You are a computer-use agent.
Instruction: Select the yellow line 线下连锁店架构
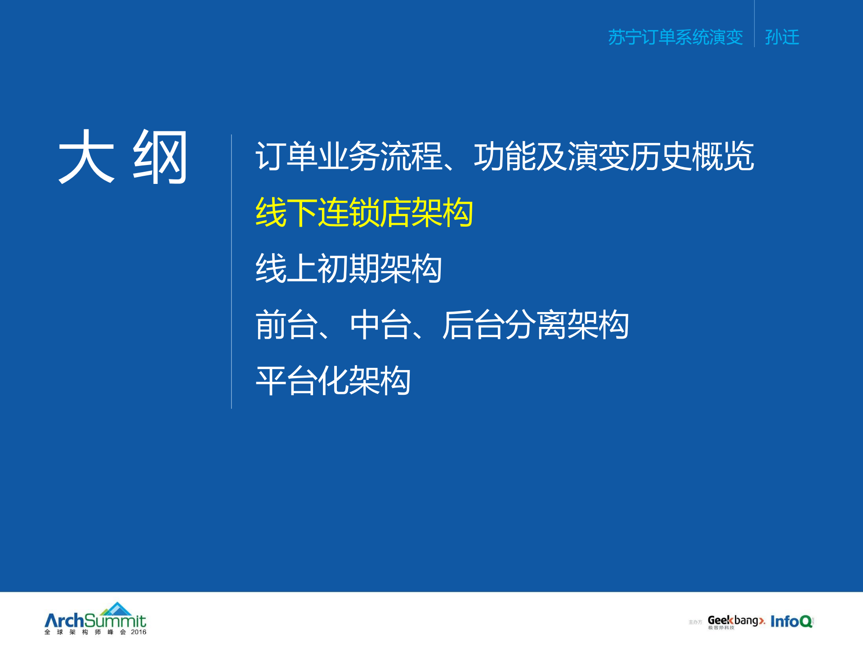click(364, 212)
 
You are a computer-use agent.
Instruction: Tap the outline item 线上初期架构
click(349, 268)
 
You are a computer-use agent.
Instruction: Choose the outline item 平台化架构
click(333, 380)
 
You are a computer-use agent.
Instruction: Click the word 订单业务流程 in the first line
click(349, 156)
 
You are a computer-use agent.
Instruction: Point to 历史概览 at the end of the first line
click(692, 156)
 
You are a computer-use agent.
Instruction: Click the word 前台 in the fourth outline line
click(286, 325)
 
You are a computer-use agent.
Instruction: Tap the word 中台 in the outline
click(380, 325)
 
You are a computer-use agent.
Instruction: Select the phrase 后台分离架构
click(535, 325)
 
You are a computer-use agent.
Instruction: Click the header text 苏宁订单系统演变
click(675, 37)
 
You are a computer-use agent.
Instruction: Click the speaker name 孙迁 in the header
click(782, 37)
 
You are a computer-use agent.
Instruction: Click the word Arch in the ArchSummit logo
click(64, 621)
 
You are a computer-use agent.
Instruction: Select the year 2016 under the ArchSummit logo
click(139, 632)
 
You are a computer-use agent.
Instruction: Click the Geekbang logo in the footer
click(736, 621)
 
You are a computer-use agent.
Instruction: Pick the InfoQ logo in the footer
click(791, 621)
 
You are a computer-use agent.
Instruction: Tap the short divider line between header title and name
click(754, 25)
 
